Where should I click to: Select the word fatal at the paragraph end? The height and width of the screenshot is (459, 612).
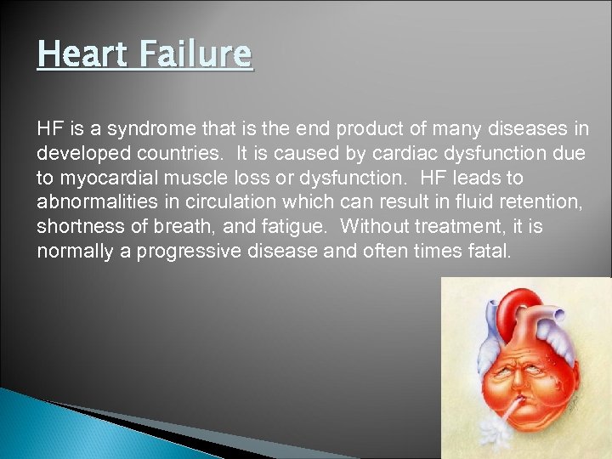[x=490, y=252]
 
